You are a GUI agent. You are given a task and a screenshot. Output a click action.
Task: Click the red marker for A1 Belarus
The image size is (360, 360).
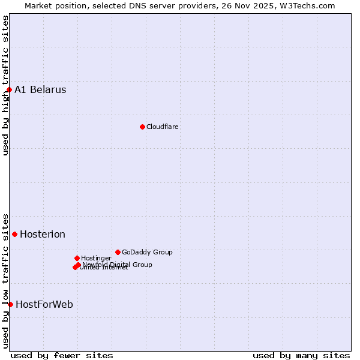click(9, 90)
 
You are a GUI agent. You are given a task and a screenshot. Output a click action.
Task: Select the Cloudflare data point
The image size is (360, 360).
click(142, 127)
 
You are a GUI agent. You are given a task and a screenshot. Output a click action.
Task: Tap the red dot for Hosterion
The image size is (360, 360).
click(14, 234)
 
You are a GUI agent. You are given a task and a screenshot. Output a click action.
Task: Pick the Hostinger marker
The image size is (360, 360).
click(77, 258)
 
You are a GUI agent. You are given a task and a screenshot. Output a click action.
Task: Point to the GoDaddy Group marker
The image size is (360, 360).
click(118, 252)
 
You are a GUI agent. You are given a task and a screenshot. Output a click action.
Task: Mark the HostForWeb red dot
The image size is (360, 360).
click(10, 304)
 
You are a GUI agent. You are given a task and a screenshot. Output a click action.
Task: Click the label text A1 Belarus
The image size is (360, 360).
click(40, 90)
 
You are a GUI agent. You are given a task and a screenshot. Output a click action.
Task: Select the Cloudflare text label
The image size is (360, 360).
click(163, 127)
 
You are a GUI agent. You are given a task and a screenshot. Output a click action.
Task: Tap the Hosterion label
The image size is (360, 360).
click(43, 234)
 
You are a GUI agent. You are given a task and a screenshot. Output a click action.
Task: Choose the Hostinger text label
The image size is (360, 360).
click(96, 258)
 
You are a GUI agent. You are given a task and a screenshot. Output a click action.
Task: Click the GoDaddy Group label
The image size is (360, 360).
click(147, 252)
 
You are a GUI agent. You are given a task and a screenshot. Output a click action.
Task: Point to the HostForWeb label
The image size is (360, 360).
click(44, 304)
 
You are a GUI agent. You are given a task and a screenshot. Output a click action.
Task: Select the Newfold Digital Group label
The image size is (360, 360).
click(118, 264)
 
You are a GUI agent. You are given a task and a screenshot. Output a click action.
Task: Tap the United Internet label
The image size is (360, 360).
click(104, 268)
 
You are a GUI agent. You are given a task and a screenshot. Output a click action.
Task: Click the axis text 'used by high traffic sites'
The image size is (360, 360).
click(5, 85)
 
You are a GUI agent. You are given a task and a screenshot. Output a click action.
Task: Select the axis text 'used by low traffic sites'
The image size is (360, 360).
click(5, 280)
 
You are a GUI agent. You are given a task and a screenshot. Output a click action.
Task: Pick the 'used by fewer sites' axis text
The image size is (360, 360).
click(62, 355)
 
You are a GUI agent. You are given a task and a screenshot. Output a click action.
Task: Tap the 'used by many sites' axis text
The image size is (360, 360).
click(301, 355)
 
